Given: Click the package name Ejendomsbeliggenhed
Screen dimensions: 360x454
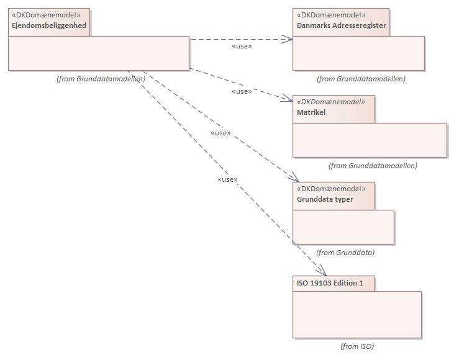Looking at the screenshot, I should (x=49, y=25).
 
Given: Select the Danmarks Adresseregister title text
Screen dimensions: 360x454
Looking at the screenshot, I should (x=341, y=25).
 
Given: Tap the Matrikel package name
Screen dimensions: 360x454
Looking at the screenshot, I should (x=311, y=112).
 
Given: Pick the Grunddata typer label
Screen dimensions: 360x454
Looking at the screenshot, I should (x=325, y=199).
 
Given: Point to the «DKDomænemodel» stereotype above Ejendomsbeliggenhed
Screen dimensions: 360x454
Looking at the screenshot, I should (x=46, y=15).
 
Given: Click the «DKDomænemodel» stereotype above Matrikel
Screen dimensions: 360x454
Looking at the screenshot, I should (x=332, y=102).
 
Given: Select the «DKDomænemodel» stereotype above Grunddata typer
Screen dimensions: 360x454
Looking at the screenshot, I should (x=332, y=189).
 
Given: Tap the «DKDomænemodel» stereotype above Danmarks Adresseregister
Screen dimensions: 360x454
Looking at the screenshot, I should (x=332, y=15).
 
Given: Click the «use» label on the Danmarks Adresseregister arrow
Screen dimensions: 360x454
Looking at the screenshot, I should (x=241, y=46).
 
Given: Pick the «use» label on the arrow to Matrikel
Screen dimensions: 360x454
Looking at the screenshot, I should (x=241, y=91).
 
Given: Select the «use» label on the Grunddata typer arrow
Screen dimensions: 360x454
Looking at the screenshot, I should (x=220, y=133).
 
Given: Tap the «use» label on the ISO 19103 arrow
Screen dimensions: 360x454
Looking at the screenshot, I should (x=227, y=179).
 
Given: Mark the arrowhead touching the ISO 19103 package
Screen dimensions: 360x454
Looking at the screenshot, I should (x=322, y=271).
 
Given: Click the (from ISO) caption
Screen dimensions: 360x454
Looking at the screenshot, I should (x=357, y=346).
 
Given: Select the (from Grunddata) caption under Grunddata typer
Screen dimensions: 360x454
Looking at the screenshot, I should (x=345, y=253).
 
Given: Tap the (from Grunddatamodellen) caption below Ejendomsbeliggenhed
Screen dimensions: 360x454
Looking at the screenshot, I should (x=101, y=79).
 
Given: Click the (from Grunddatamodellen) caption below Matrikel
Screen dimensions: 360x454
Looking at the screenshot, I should (x=373, y=166).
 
